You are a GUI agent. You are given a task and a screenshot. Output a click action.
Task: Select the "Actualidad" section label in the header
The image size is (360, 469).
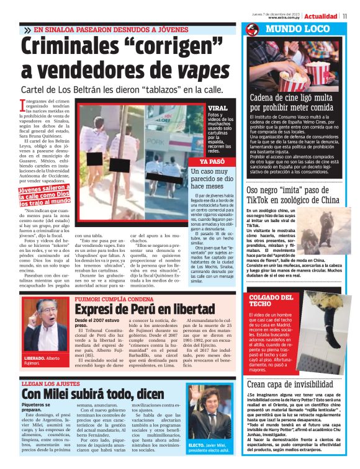click(320, 16)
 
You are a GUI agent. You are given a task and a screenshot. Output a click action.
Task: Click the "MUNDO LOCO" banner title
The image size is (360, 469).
click(297, 30)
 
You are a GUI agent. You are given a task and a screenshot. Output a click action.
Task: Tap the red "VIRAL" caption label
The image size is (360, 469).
click(218, 108)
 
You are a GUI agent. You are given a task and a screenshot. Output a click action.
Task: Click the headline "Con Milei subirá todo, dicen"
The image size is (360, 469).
click(94, 393)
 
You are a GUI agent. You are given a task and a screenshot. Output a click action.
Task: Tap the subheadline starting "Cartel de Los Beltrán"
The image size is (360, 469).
click(121, 89)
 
